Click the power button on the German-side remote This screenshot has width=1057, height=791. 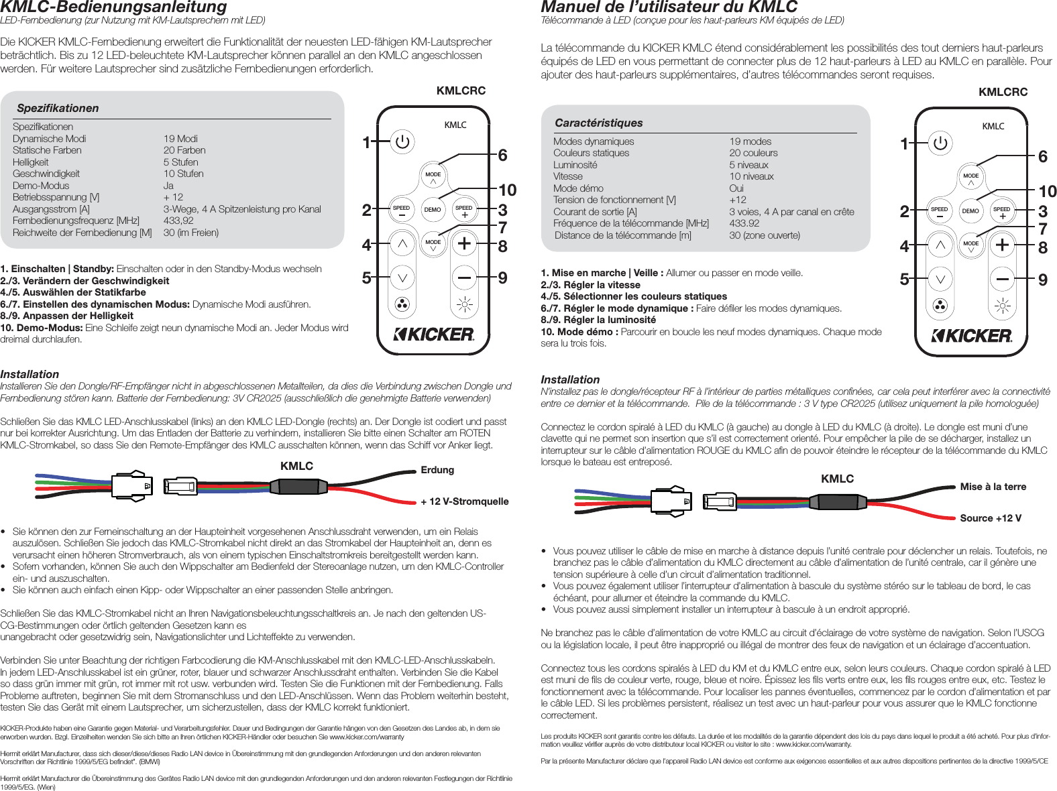point(402,141)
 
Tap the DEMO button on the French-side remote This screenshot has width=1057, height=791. point(970,211)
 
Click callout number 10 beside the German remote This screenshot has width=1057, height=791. point(507,190)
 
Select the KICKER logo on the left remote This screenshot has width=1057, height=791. point(433,334)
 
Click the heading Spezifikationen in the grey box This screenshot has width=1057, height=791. point(58,108)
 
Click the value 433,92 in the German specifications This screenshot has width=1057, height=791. point(178,221)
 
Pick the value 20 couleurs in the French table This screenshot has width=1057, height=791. point(753,153)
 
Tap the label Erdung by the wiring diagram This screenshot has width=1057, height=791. point(437,470)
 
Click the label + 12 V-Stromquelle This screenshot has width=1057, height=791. point(464,501)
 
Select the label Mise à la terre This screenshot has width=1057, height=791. point(993,487)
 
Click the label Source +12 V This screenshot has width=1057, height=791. point(990,518)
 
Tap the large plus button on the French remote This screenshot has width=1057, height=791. point(1002,245)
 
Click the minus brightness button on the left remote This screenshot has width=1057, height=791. point(464,276)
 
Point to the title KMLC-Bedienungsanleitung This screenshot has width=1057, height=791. point(114,7)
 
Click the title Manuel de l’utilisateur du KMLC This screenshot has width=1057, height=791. point(669,7)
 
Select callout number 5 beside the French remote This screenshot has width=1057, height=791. point(904,280)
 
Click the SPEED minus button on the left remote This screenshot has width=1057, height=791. point(401,211)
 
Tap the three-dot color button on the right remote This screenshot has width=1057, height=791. point(940,306)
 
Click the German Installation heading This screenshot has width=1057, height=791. point(30,374)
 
